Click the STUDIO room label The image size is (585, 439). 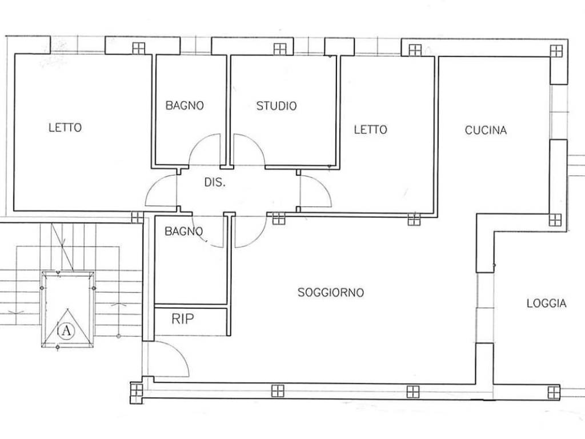[x=277, y=106]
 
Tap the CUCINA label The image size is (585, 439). [x=486, y=130]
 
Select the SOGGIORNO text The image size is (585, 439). [x=331, y=292]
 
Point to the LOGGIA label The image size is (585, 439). [x=547, y=304]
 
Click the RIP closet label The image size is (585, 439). [x=183, y=319]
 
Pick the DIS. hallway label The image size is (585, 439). [x=215, y=182]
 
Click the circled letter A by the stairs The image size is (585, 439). [x=66, y=330]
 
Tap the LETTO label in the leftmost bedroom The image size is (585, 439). [x=65, y=127]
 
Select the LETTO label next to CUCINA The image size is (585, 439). [x=370, y=130]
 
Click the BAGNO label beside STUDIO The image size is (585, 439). [x=185, y=106]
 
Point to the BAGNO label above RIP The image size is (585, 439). [x=183, y=232]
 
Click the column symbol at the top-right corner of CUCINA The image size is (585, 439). [x=556, y=51]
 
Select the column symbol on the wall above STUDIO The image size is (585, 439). [x=279, y=49]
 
